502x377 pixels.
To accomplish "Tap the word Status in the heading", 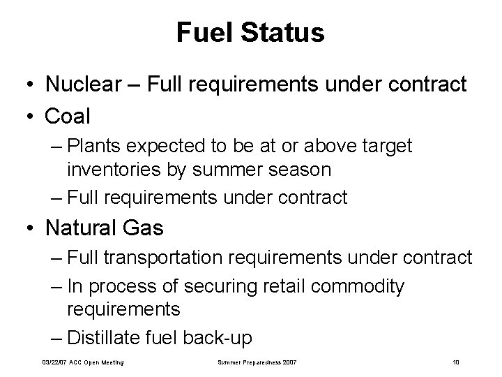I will pos(282,32).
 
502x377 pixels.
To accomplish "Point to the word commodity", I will pos(362,286).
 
